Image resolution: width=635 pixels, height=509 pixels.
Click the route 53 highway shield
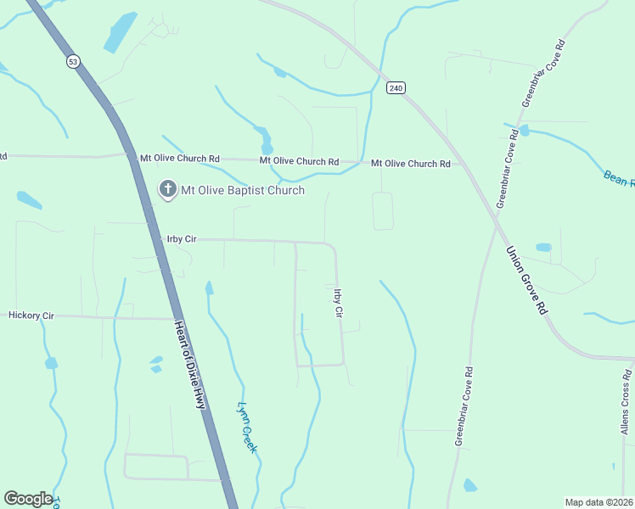click(x=73, y=61)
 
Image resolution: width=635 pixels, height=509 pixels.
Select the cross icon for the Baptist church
click(x=167, y=190)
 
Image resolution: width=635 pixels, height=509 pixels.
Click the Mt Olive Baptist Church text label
click(x=243, y=191)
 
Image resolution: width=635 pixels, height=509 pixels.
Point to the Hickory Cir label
click(x=31, y=316)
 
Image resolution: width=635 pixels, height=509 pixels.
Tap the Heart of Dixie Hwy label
click(x=190, y=365)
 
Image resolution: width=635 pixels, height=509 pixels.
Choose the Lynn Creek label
click(x=247, y=427)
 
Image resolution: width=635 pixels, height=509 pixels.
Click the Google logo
click(x=28, y=499)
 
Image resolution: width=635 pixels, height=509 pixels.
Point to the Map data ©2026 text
click(x=598, y=502)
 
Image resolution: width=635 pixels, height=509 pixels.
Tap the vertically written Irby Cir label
click(x=338, y=303)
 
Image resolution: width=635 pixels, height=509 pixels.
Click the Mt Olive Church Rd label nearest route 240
click(x=410, y=163)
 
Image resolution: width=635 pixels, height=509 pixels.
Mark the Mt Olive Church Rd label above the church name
click(x=299, y=160)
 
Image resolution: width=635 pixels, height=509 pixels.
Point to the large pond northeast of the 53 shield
click(x=120, y=34)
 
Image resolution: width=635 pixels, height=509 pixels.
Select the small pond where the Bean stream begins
click(x=523, y=131)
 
